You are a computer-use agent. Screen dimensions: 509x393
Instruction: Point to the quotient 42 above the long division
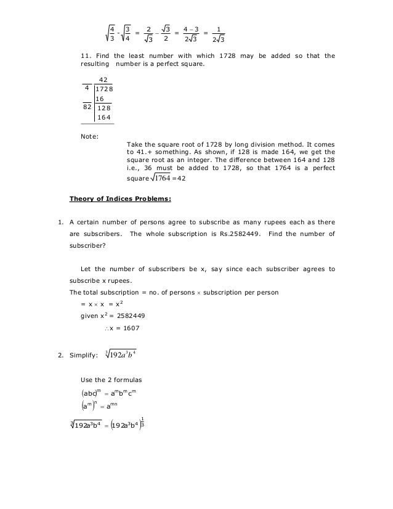coord(103,80)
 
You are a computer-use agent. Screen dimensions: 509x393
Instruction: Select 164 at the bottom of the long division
coord(104,117)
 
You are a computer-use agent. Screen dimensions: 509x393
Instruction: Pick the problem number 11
coord(86,56)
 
